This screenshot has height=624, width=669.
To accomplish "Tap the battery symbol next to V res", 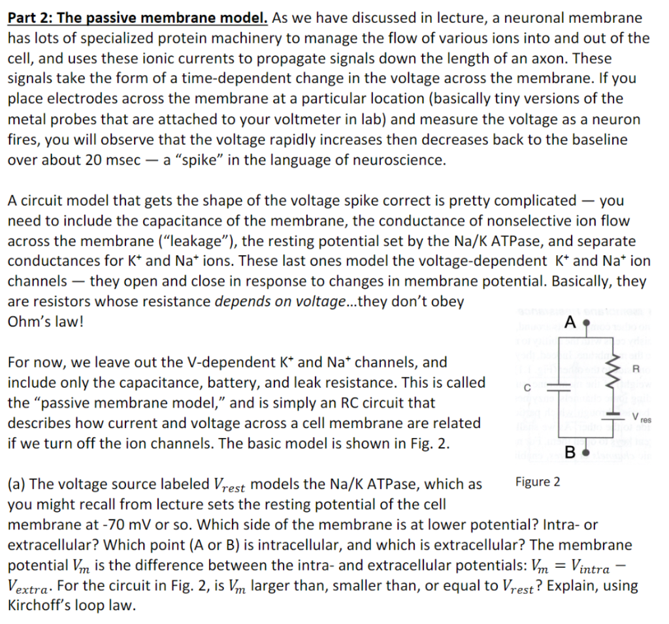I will pos(613,413).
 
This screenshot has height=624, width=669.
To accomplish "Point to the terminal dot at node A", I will pos(586,322).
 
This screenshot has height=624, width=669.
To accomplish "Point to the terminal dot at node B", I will pos(586,452).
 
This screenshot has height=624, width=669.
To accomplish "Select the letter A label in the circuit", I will pos(570,322).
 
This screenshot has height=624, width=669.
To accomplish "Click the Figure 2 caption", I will pos(537,482).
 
